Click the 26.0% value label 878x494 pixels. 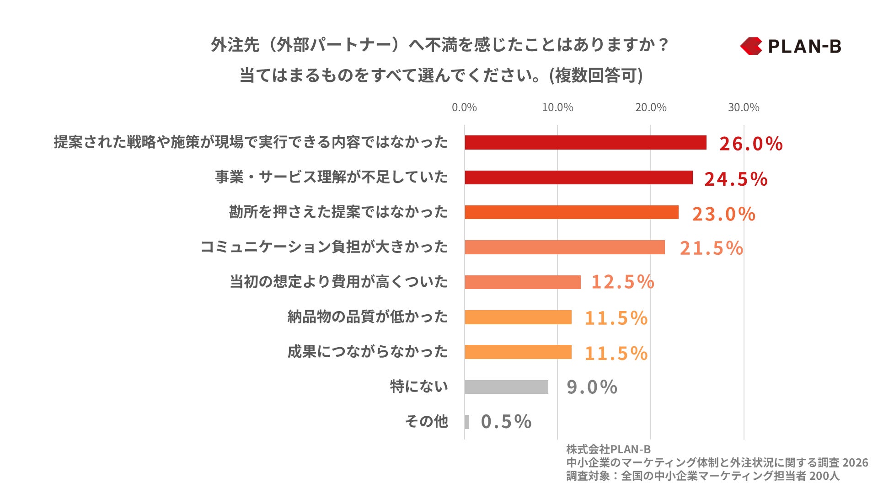(750, 144)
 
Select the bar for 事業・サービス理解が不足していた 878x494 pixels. (578, 177)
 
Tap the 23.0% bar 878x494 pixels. (572, 212)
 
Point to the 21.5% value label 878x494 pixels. (711, 248)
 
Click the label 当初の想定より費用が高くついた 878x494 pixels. (338, 282)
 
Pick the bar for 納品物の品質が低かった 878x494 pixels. (518, 317)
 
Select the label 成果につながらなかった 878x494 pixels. (367, 352)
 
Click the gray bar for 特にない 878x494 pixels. (506, 387)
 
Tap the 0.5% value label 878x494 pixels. (506, 422)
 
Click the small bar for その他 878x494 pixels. (467, 422)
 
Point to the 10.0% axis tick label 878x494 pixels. (557, 107)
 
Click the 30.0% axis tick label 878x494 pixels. (743, 107)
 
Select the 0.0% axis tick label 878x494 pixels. (464, 107)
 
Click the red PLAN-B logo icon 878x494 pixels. (751, 46)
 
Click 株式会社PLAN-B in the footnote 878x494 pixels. (608, 449)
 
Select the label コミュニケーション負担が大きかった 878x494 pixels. (324, 247)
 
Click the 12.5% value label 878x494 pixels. (622, 282)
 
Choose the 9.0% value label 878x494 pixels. (591, 387)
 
